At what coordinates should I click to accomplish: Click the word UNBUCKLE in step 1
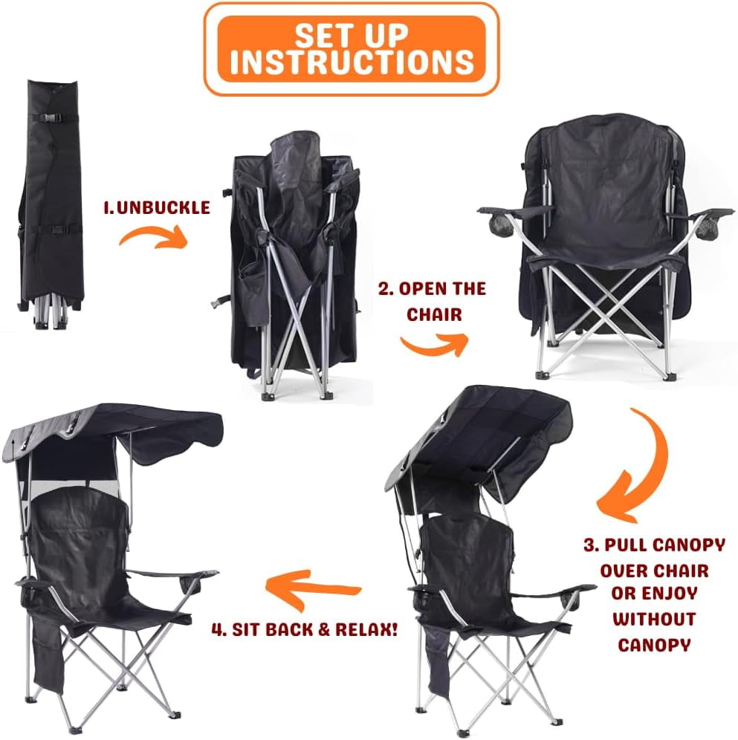[x=164, y=207]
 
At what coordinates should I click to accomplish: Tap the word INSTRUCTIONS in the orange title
[x=352, y=62]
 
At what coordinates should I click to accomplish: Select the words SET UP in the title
[x=352, y=34]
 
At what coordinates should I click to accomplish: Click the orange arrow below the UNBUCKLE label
[x=153, y=236]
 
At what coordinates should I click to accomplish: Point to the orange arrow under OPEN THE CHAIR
[x=434, y=344]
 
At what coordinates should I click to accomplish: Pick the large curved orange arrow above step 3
[x=640, y=467]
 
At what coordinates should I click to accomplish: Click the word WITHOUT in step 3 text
[x=654, y=619]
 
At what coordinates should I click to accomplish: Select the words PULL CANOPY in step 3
[x=665, y=545]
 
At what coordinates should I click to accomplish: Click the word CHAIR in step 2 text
[x=434, y=314]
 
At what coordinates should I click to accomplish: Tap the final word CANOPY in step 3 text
[x=654, y=645]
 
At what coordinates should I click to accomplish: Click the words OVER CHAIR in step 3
[x=655, y=571]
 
